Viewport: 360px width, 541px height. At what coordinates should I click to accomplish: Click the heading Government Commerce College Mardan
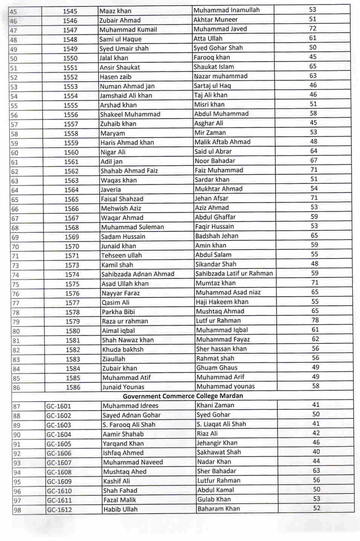coord(183,396)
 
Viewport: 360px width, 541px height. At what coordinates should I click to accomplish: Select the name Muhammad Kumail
coord(128,29)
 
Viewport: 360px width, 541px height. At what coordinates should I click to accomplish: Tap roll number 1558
coord(71,133)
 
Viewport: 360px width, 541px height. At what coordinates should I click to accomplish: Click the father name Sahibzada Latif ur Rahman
coord(234,273)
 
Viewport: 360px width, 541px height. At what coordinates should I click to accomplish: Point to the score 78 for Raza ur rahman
coord(315,320)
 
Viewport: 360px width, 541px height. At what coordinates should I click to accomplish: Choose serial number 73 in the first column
coord(15,265)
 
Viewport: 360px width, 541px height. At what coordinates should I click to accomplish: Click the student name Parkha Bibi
coord(118,312)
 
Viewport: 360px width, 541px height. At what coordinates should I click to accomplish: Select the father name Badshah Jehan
coord(217,236)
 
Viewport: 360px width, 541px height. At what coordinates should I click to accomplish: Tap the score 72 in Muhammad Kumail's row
coord(313,28)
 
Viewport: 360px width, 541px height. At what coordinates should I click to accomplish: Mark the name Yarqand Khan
coord(123,443)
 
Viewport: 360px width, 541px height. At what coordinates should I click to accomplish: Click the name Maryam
coord(112,133)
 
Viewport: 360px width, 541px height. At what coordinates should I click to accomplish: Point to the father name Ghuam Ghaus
coord(217,368)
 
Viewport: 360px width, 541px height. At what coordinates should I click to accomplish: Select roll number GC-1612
coord(59,510)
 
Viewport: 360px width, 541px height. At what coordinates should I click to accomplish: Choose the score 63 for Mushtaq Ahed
coord(316,471)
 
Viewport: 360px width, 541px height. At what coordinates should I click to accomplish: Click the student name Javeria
coord(111,190)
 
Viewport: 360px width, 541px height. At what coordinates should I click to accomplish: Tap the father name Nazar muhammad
coord(221,76)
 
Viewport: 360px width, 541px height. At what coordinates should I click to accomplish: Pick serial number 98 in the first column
coord(17,510)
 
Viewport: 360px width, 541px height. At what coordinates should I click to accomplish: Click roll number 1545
coord(70,11)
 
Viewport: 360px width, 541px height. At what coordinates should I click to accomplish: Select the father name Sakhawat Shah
coord(219,452)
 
